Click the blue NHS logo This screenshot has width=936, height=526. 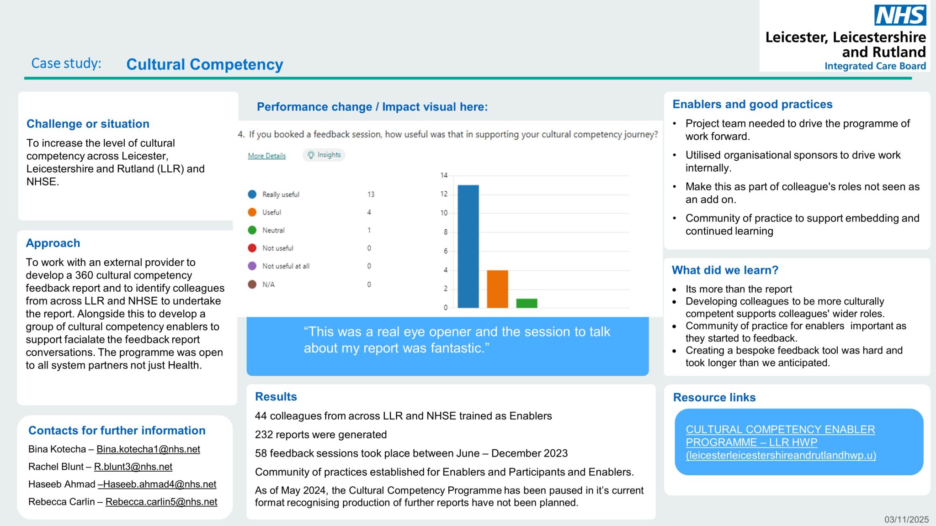900,16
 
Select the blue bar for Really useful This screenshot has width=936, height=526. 468,246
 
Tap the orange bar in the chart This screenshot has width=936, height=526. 497,289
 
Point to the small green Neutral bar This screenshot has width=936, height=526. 526,303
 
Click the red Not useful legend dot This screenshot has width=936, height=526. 252,248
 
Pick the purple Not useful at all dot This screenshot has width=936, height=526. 252,266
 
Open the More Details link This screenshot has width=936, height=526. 266,156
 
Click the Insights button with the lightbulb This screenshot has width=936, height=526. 324,155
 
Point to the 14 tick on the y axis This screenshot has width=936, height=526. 444,175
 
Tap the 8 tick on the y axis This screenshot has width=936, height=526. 445,232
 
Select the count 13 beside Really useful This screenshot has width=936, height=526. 371,195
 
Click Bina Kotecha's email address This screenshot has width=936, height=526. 148,449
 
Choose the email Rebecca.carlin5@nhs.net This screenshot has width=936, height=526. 161,502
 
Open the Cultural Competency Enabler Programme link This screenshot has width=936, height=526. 780,442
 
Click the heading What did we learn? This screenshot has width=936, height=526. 725,270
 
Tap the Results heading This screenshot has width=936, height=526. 276,397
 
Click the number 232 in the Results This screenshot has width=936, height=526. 263,435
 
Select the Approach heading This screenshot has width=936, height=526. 53,243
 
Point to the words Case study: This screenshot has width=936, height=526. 66,63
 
